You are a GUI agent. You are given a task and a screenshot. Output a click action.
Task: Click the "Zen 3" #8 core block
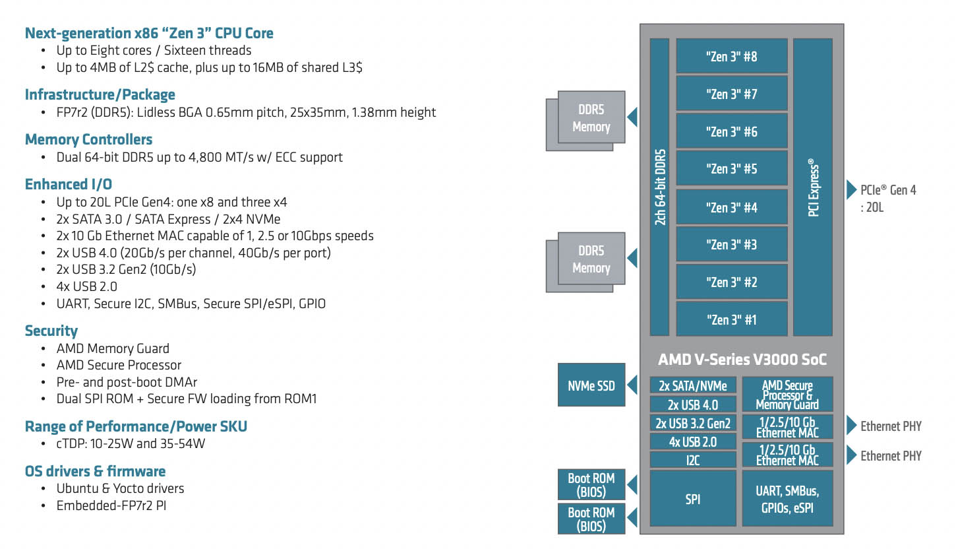[x=732, y=56]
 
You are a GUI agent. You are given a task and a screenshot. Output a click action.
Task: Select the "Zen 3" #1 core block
[x=732, y=319]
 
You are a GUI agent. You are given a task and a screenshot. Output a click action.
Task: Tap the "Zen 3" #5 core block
[x=732, y=169]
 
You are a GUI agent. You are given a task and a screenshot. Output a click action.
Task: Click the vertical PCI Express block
[x=812, y=187]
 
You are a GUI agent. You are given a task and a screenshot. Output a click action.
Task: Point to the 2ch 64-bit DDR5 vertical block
[x=659, y=187]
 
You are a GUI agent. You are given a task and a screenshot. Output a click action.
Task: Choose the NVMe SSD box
[x=591, y=384]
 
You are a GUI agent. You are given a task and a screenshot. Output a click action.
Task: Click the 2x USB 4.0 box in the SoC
[x=692, y=404]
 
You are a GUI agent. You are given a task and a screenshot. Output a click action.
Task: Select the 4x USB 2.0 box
[x=692, y=441]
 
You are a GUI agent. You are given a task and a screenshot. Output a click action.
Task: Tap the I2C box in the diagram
[x=692, y=460]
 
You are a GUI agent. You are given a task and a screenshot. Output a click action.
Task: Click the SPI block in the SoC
[x=692, y=500]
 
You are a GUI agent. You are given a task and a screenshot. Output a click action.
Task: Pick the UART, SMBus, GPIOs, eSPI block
[x=787, y=500]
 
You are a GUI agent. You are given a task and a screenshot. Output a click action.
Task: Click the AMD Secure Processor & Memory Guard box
[x=787, y=395]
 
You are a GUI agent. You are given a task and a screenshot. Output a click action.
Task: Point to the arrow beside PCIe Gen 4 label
[x=851, y=190]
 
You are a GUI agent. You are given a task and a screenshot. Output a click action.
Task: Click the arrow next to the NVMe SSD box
[x=632, y=385]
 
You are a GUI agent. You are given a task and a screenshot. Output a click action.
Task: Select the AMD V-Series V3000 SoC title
[x=742, y=360]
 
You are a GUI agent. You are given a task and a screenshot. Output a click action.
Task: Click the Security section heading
[x=51, y=331]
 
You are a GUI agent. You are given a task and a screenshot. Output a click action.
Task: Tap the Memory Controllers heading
[x=88, y=139]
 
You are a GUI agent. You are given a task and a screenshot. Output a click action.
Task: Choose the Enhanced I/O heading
[x=68, y=184]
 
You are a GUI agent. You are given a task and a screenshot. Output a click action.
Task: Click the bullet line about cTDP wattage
[x=131, y=443]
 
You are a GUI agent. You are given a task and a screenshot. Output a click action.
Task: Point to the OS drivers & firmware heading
[x=95, y=471]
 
